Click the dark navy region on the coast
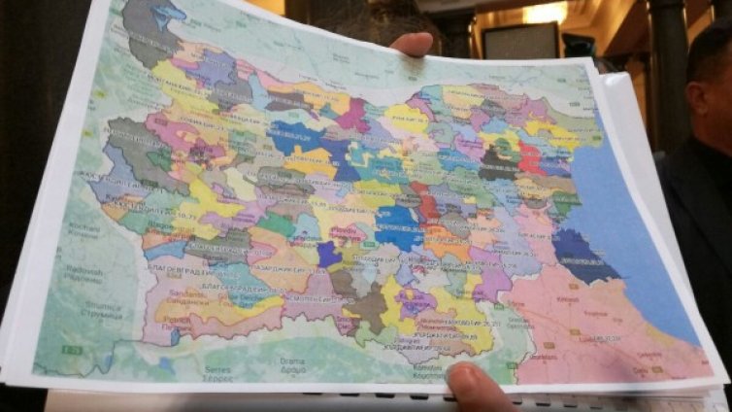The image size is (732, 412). point(581,255)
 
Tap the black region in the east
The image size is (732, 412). point(498,162)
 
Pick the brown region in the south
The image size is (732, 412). point(368,309)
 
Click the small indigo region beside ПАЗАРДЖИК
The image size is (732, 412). point(328,255)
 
